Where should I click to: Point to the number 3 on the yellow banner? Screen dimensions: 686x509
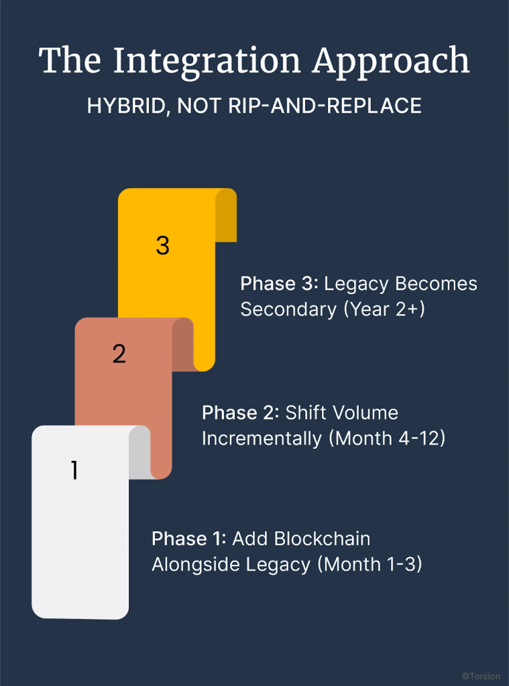(162, 246)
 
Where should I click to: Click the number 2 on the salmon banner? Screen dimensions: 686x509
(119, 354)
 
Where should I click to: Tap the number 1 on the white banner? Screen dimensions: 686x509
(74, 472)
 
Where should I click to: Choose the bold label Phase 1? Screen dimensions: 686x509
(190, 539)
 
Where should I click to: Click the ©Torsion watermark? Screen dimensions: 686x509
(481, 677)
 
